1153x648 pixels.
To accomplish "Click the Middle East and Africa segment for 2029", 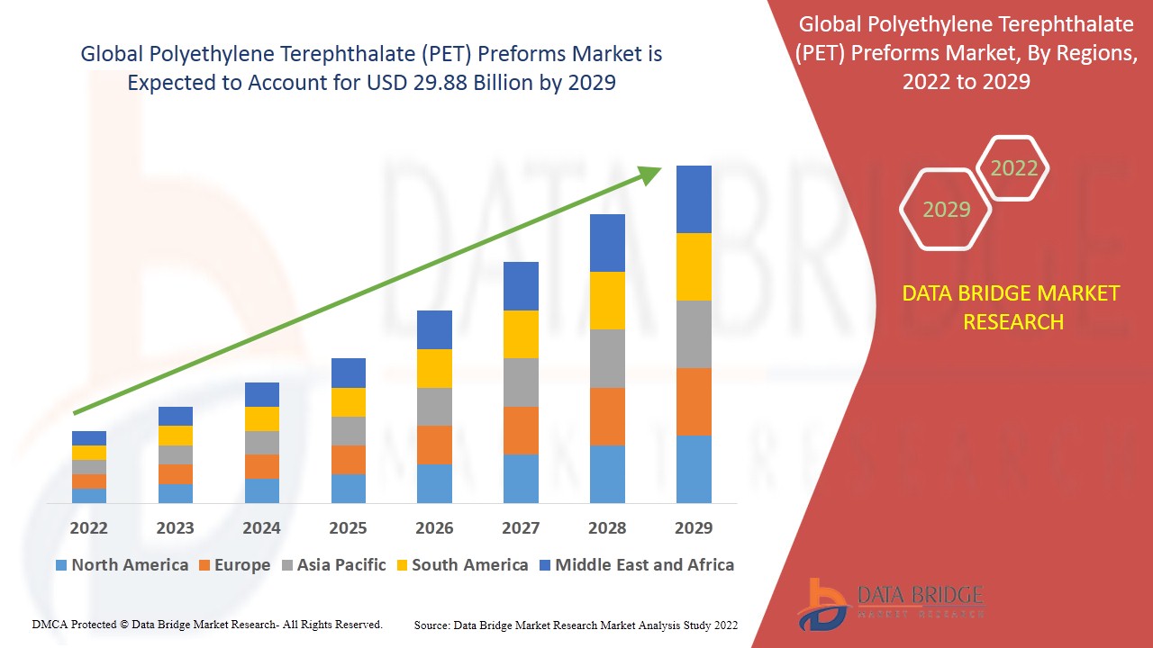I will tap(694, 199).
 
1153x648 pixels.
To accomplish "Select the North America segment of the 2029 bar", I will tap(694, 469).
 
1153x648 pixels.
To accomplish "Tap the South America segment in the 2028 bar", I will tap(607, 301).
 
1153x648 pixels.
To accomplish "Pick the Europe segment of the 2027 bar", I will tap(521, 430).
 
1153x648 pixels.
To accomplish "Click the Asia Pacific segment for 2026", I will tap(434, 407).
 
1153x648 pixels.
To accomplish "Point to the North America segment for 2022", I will tap(89, 496).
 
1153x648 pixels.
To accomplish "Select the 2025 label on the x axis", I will tap(348, 527).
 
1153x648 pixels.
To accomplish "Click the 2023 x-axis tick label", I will tap(175, 527).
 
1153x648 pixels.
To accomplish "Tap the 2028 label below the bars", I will tap(607, 527).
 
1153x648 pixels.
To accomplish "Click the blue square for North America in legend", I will tap(61, 566).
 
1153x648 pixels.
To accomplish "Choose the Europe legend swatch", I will tap(204, 566).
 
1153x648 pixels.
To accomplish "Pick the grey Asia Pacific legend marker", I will tap(288, 566).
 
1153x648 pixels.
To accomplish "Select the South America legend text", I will tap(469, 565).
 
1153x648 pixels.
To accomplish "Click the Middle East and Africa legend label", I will tap(644, 565).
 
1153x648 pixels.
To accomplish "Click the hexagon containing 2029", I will tap(946, 210).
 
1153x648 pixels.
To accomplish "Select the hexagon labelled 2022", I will tap(1013, 168).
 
